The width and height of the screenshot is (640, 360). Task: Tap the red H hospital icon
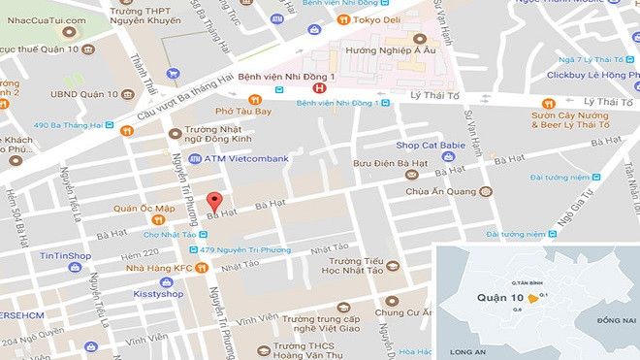(x=307, y=87)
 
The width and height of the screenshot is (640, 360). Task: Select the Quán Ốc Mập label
(x=144, y=207)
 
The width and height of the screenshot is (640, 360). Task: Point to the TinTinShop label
(x=65, y=255)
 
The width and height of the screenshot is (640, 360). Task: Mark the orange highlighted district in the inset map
(x=532, y=299)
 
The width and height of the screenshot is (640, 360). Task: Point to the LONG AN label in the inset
(x=467, y=352)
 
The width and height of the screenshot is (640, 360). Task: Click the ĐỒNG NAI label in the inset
(x=616, y=319)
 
